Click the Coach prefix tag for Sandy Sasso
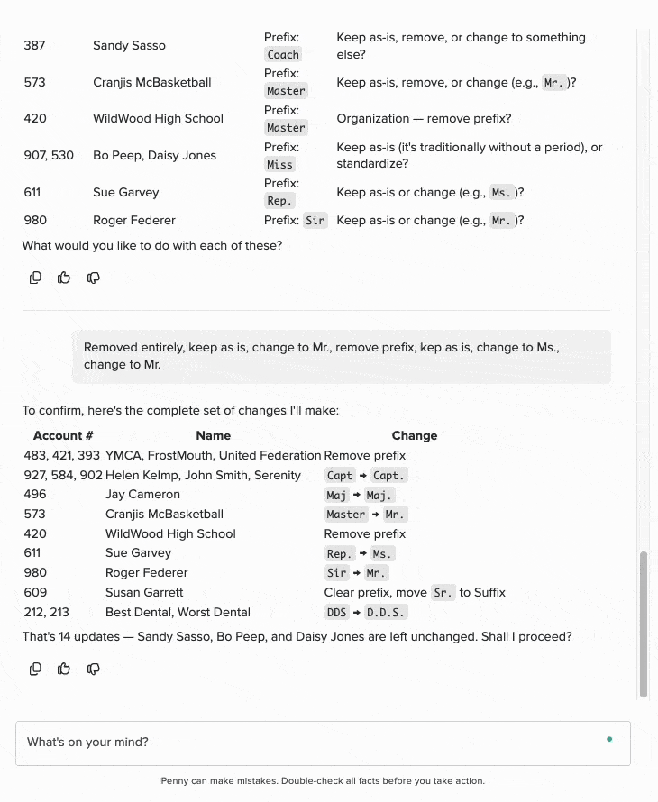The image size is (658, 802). pos(283,54)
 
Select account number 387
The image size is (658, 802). pos(35,45)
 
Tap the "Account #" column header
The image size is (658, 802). pos(63,435)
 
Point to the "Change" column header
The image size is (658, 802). pos(414,435)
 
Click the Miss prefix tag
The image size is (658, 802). pos(279,164)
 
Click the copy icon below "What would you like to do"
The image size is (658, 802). pos(35,278)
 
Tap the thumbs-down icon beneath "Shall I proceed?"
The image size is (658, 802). pos(93,669)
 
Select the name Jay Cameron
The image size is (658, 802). pos(142,495)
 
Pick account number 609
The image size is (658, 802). pos(35,593)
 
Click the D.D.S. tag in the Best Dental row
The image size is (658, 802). pos(387,613)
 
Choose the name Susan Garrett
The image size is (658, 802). pos(144,593)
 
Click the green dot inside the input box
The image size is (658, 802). pos(609,740)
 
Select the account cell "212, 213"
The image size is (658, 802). pos(46,613)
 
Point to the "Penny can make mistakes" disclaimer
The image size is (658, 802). pos(323,780)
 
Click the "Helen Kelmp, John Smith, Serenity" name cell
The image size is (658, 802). pos(203,475)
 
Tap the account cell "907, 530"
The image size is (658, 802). pos(49,155)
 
